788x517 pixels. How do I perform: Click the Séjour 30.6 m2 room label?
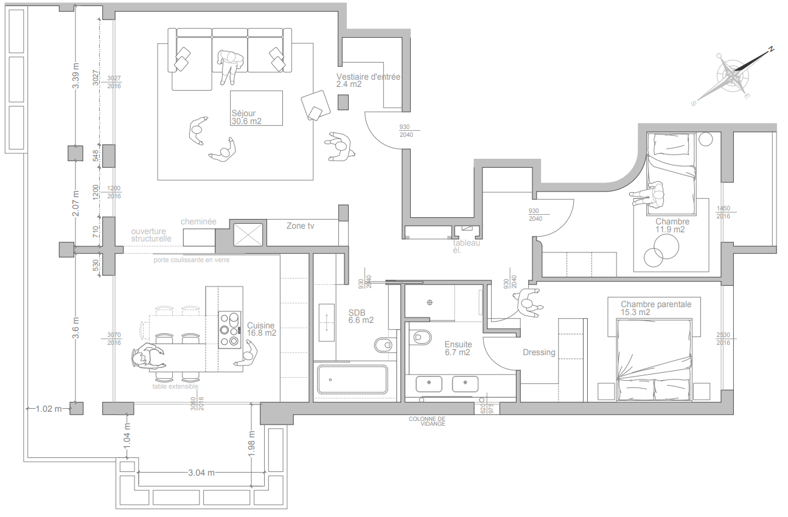tap(246, 117)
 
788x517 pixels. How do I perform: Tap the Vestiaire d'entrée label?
tap(368, 80)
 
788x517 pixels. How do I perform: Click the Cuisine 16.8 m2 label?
tap(261, 329)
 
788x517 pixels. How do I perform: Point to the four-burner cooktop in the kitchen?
tap(229, 330)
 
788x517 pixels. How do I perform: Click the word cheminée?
tap(198, 222)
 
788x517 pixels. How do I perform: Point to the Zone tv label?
tap(300, 226)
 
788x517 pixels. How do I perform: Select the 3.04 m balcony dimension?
tap(201, 473)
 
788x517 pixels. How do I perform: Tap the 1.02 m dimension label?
tap(49, 409)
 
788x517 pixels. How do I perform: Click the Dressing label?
tap(539, 352)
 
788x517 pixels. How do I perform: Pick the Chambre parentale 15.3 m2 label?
tap(656, 308)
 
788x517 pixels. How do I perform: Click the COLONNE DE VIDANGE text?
tap(427, 421)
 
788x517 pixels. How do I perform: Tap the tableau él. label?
tap(466, 246)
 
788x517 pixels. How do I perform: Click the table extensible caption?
tap(175, 386)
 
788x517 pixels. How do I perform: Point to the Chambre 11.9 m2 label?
tap(672, 226)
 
